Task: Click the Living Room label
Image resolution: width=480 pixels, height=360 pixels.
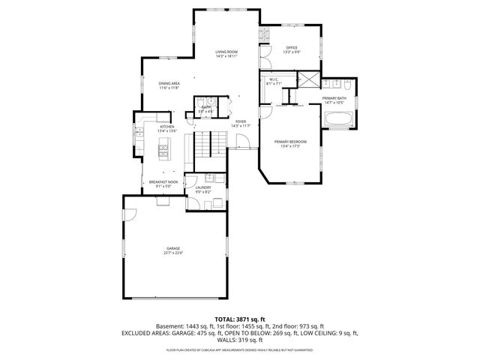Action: tap(226, 52)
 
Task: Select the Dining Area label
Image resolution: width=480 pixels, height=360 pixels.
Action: tap(169, 83)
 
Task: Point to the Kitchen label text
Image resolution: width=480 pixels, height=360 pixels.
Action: tap(166, 127)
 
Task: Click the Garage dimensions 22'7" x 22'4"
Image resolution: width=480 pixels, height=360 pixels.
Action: tap(173, 253)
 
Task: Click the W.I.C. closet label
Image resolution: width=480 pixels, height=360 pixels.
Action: tap(272, 79)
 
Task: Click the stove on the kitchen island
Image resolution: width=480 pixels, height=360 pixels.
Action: tap(163, 152)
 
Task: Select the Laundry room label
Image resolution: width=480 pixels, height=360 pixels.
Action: tap(203, 188)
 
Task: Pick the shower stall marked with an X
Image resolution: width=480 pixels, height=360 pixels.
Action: tap(307, 80)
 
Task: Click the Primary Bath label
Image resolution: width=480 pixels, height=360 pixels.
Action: tap(334, 98)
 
